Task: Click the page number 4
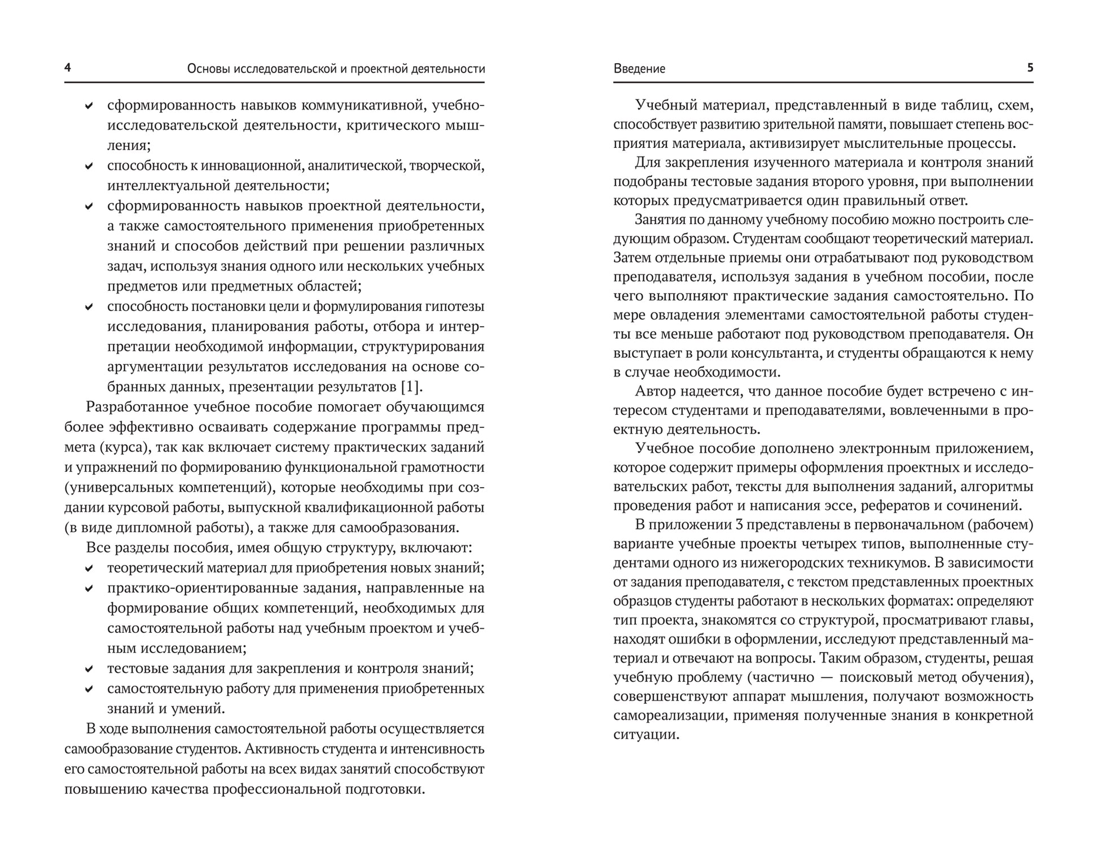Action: click(68, 68)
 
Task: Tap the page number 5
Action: click(1030, 68)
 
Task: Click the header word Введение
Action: click(639, 69)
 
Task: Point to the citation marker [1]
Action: click(410, 387)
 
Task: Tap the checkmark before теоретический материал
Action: click(89, 568)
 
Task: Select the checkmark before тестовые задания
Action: click(89, 669)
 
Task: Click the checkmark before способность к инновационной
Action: click(89, 166)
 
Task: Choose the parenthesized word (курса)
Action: click(124, 447)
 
